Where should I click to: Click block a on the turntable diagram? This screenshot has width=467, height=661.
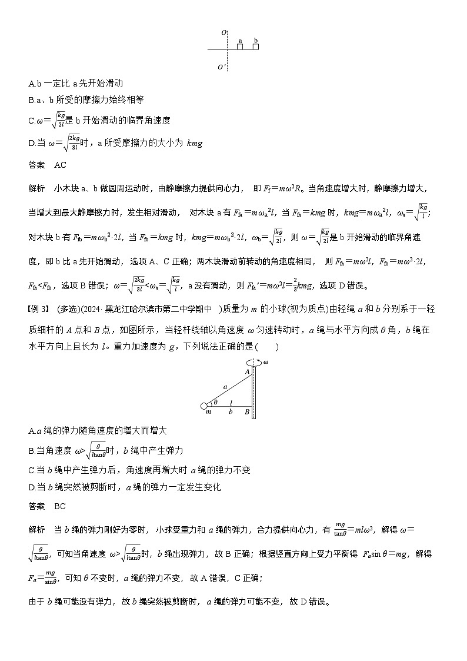coord(240,46)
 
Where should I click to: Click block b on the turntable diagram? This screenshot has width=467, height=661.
coord(256,46)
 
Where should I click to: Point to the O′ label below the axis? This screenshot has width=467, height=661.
coord(221,67)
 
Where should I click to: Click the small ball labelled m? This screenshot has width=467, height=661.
coord(204,406)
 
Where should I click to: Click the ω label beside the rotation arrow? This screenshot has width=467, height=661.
coord(266,362)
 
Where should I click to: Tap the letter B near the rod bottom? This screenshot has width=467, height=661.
coord(247,412)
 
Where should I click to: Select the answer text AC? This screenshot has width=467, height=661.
coord(60,165)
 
